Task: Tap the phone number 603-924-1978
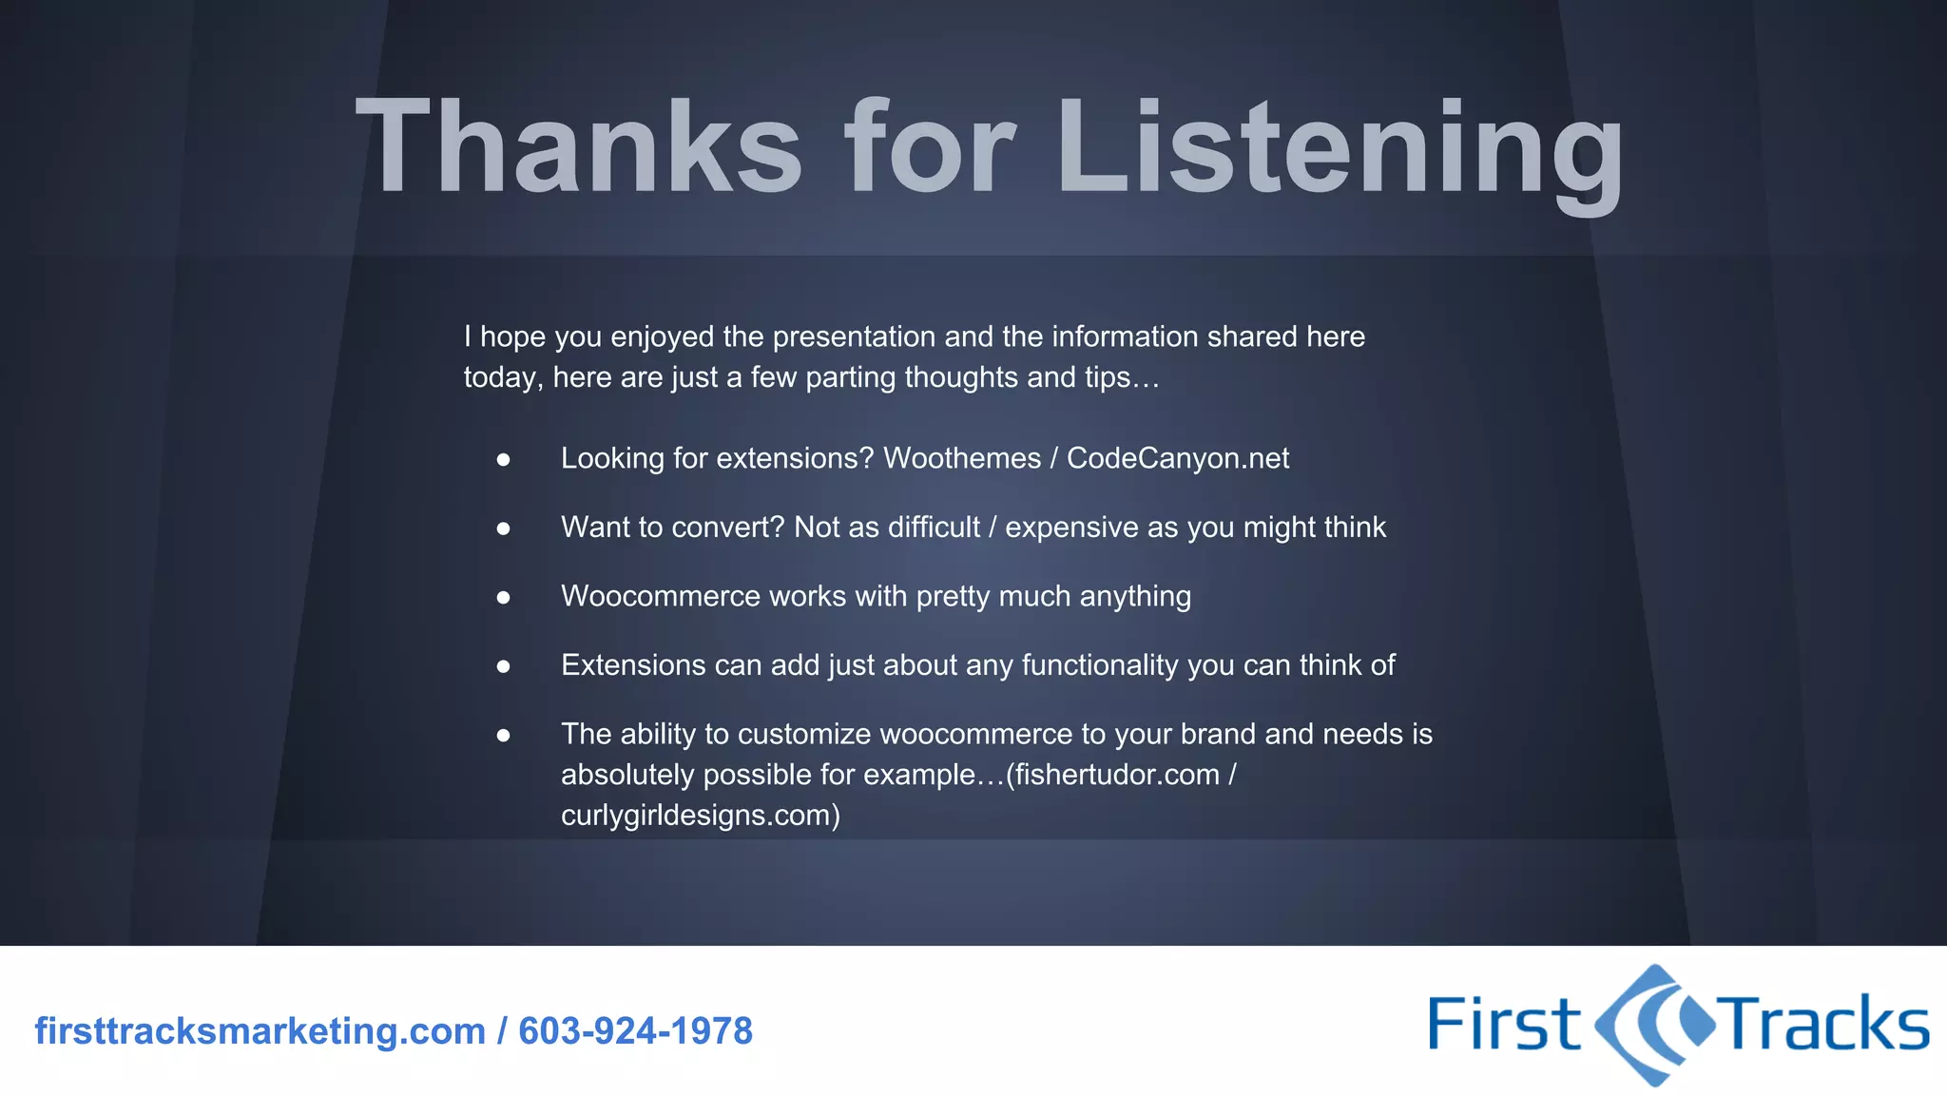tap(635, 1031)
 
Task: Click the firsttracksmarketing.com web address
tap(260, 1031)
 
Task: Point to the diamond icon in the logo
tap(1654, 1025)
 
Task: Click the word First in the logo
tap(1504, 1025)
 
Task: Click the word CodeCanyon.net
tap(1178, 458)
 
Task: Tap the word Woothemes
tap(962, 458)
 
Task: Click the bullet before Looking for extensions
tap(504, 460)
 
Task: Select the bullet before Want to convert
tap(504, 528)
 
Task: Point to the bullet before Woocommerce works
tap(504, 598)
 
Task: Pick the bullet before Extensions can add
tap(504, 667)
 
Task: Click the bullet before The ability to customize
tap(504, 736)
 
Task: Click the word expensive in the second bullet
tap(1071, 528)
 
